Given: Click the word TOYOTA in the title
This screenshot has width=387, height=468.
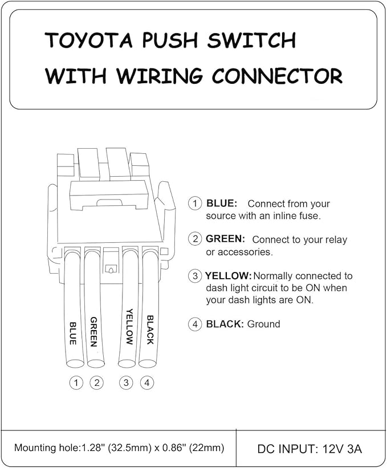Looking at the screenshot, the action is click(x=88, y=40).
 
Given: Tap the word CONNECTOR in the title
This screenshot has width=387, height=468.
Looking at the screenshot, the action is click(x=277, y=76).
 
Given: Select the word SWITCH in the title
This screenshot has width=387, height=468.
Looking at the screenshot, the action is click(x=251, y=40).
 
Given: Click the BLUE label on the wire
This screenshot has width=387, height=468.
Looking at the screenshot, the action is click(x=73, y=333).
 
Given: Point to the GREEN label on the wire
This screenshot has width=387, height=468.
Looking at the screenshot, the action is click(x=93, y=332).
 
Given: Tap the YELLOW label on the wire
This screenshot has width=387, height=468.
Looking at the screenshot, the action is click(x=129, y=327).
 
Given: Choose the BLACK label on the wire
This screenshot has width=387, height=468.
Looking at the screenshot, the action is click(x=150, y=330).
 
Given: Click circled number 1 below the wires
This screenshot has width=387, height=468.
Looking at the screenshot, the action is click(x=76, y=382).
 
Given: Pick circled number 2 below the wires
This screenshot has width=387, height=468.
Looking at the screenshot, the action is click(x=97, y=382).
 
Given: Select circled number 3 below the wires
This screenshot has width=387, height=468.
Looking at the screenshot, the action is click(x=126, y=382).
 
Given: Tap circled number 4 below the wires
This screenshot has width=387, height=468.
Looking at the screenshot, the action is click(x=147, y=382).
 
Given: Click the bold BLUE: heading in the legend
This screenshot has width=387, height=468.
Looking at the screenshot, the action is click(x=222, y=204).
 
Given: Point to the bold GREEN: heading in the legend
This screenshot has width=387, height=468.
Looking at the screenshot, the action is click(x=225, y=239).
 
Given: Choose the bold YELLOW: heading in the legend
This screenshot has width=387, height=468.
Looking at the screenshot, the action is click(x=229, y=275).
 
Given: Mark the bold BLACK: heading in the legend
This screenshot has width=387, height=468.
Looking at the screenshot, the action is click(x=225, y=324).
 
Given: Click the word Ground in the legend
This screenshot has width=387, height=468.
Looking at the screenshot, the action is click(x=264, y=324).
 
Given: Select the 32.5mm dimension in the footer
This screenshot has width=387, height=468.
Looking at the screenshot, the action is click(x=128, y=447).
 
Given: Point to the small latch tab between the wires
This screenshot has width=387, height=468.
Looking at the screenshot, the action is click(x=110, y=269).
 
